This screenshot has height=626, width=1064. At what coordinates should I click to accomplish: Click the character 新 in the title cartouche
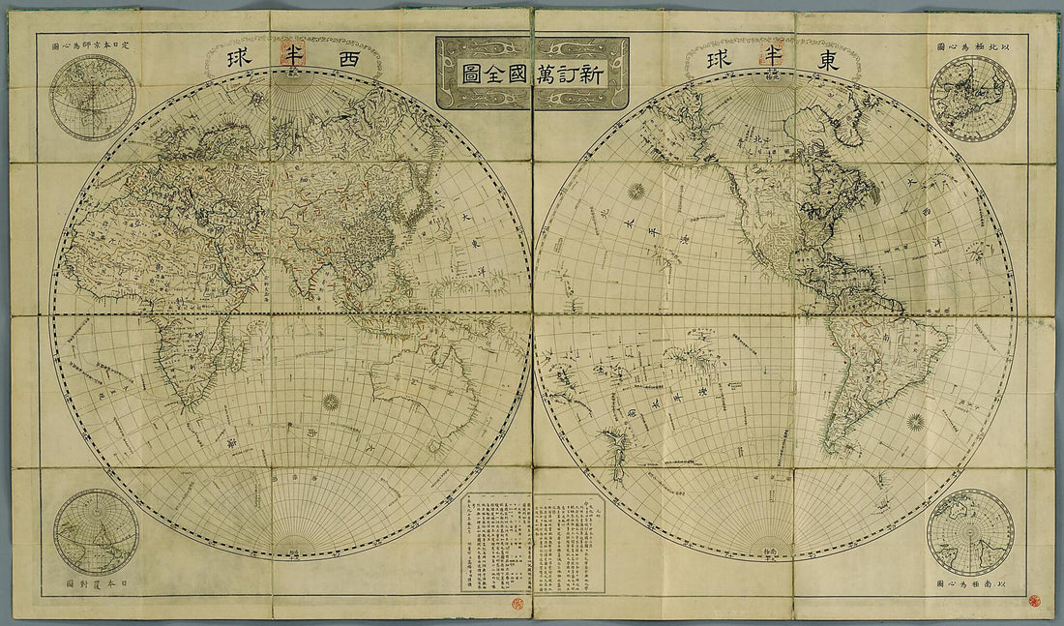(x=589, y=75)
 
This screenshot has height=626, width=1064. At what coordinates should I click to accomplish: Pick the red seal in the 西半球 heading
(x=287, y=55)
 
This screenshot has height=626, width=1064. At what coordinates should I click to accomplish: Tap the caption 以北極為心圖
(x=971, y=45)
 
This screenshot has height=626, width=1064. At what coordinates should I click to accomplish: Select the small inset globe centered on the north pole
(x=972, y=98)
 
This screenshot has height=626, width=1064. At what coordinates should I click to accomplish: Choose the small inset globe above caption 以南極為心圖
(x=970, y=532)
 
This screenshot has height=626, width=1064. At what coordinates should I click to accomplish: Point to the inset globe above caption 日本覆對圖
(x=96, y=532)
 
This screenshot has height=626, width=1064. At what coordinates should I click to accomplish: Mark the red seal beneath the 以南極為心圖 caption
(x=1034, y=600)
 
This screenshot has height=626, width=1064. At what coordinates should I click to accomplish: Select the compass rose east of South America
(x=915, y=422)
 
